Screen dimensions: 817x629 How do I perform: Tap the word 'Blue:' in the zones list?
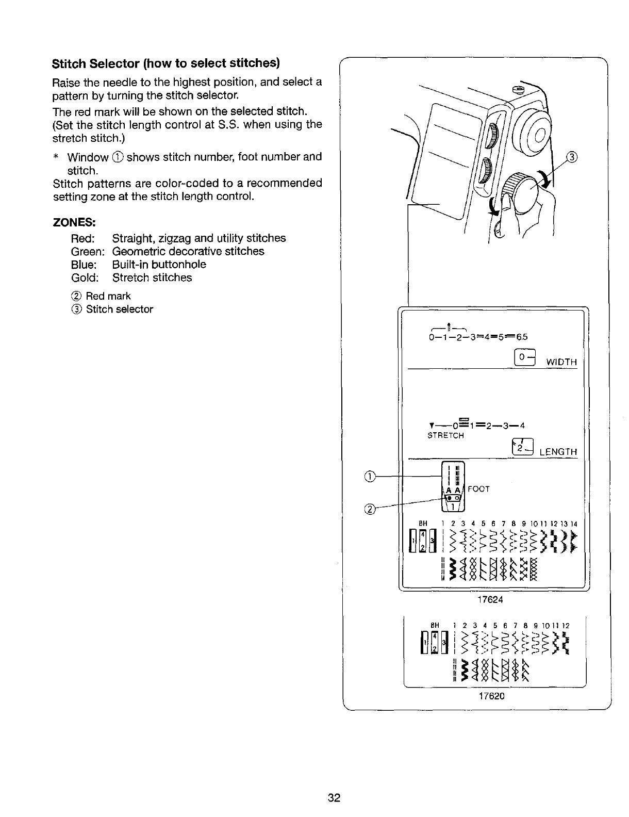(x=84, y=265)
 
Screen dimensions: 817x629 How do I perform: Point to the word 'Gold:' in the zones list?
(x=85, y=278)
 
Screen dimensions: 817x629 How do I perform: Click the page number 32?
(x=334, y=798)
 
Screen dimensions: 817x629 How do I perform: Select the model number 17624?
(x=490, y=600)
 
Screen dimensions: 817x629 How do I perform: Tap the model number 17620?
(x=490, y=696)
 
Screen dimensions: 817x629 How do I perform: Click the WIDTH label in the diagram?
(x=561, y=362)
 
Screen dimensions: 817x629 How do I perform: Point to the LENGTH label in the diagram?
(x=558, y=452)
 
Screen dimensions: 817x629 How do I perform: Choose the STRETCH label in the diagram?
(x=446, y=436)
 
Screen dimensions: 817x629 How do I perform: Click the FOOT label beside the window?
(x=479, y=488)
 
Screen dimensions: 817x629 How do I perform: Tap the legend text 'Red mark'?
(x=108, y=296)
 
